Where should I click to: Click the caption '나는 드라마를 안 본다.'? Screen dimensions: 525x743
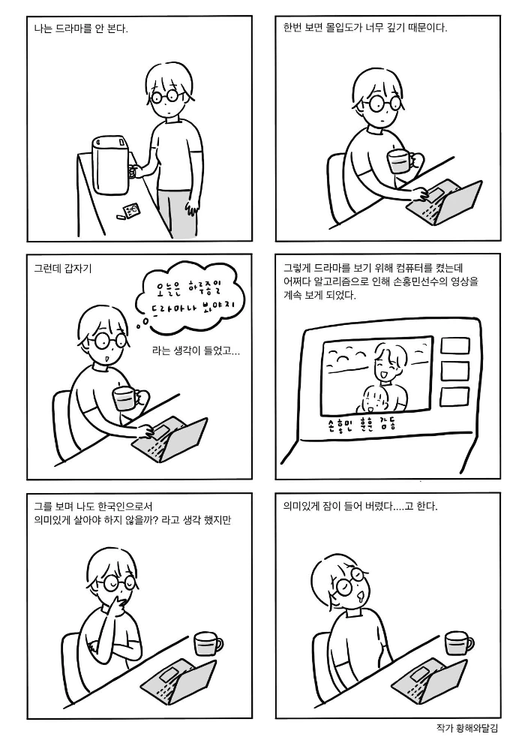81,29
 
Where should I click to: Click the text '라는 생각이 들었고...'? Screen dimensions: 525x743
196,351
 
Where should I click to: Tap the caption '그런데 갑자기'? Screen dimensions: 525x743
63,269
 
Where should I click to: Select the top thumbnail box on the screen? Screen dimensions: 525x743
455,345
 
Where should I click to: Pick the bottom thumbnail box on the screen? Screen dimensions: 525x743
454,396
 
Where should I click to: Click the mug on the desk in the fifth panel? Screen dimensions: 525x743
208,645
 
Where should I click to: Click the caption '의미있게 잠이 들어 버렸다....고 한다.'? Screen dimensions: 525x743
360,507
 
